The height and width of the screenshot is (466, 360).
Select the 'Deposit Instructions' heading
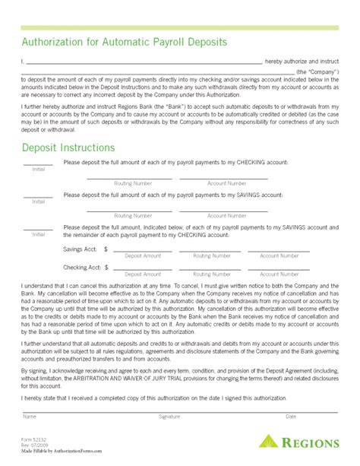[68, 147]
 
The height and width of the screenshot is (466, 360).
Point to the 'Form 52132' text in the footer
[34, 439]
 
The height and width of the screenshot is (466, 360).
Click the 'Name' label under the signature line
[30, 416]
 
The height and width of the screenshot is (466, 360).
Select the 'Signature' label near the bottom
[169, 416]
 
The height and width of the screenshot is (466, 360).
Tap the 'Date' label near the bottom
[291, 416]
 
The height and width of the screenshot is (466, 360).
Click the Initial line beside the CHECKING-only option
[38, 163]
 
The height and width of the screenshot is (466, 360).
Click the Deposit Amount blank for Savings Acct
[143, 249]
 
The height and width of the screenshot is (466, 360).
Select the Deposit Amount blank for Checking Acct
[143, 268]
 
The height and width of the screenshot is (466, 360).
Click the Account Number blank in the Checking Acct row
[279, 268]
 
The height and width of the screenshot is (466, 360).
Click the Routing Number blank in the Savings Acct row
[211, 249]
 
